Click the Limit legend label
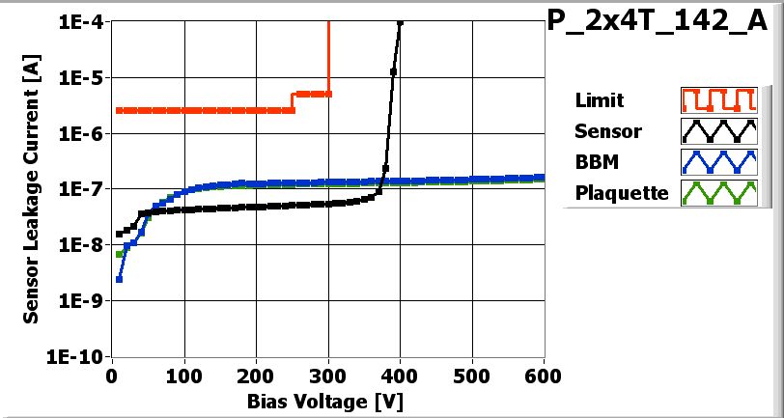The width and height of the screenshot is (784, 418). [599, 100]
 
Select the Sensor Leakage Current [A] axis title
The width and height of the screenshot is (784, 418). [33, 188]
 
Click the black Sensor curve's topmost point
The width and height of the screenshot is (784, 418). [400, 22]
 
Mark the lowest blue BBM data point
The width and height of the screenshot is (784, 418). [119, 279]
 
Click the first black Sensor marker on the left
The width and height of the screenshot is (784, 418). [119, 234]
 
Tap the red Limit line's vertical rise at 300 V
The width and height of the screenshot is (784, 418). [329, 58]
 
